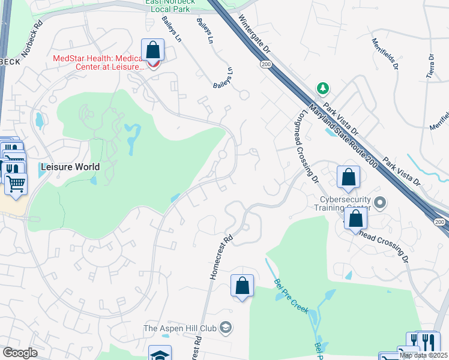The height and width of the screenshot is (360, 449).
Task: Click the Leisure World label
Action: coord(70,166)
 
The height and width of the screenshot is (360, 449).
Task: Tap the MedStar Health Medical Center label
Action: coord(98,62)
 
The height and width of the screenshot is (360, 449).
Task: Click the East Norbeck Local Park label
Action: coord(167,7)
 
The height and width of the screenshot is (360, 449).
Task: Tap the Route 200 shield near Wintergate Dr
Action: coord(265,63)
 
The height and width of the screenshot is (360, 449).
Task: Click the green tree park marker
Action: coord(324,89)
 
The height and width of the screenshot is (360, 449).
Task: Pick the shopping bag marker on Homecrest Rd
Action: coord(243,286)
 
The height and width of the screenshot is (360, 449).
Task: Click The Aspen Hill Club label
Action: coord(181,328)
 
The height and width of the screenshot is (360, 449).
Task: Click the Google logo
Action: coord(20,353)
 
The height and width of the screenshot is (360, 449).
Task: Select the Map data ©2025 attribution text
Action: coord(423,355)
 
